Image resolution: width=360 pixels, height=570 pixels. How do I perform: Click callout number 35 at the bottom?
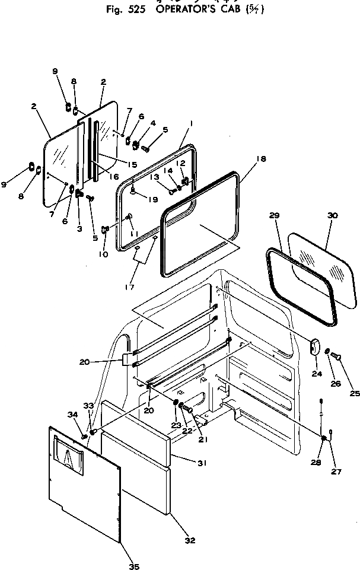pos(134,566)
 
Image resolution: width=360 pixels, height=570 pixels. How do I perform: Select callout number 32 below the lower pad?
pos(190,540)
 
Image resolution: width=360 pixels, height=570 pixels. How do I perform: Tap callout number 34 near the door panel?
pos(72,414)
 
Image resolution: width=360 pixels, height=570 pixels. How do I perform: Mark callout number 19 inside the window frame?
pos(154,200)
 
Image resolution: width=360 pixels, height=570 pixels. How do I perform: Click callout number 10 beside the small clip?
pos(104,254)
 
